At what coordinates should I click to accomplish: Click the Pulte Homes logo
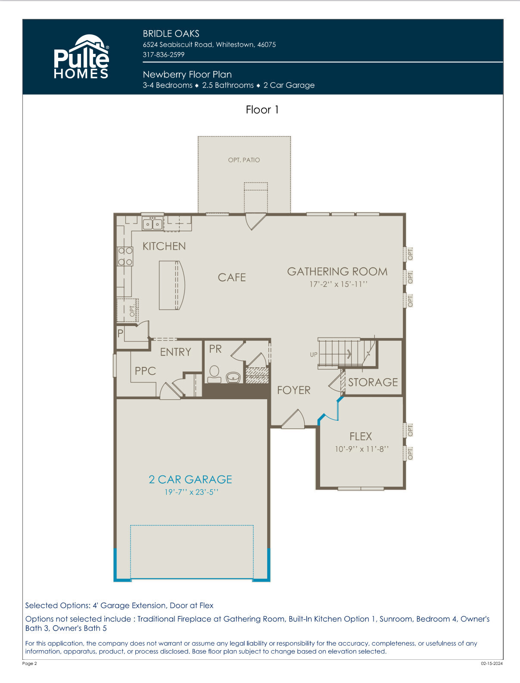81,56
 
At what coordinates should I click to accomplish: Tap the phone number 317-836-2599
163,55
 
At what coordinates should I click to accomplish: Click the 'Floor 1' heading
262,110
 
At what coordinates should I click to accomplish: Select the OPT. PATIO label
244,160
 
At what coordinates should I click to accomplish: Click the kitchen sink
152,224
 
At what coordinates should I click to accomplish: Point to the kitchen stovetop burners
125,256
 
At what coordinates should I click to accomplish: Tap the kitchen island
172,285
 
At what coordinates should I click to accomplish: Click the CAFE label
232,277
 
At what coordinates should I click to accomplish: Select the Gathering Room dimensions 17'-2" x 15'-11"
338,284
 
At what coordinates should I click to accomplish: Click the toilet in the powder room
214,374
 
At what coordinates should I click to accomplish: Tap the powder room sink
233,377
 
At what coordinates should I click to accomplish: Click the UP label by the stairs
313,354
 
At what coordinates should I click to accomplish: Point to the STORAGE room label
373,382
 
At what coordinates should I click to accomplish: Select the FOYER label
294,390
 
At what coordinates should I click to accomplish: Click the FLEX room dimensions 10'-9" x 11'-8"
361,449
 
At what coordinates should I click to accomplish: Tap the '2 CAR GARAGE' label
190,479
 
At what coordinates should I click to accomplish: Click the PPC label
145,371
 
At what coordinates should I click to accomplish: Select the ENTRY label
175,352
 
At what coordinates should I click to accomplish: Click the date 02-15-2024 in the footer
492,663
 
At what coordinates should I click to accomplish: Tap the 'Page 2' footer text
30,663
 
